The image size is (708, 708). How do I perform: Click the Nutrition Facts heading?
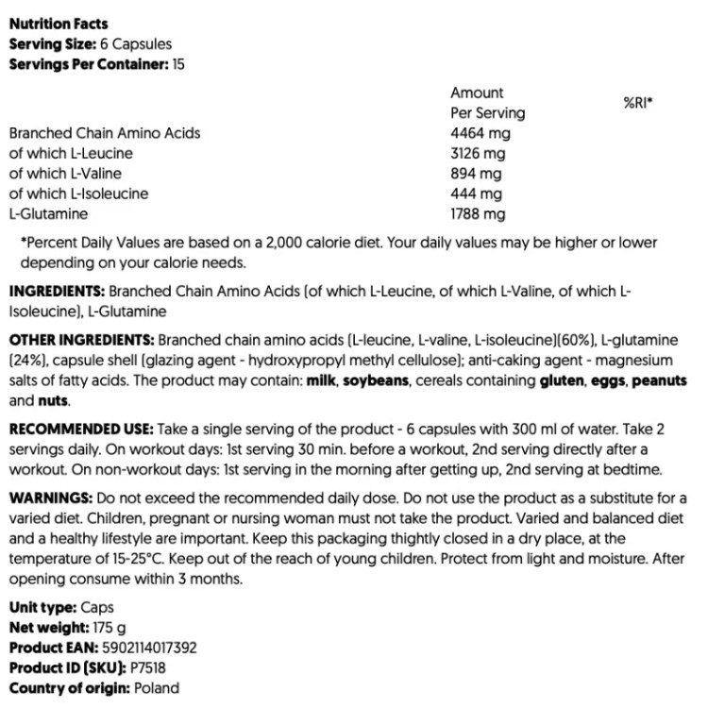58,25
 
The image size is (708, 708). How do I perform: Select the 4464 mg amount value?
480,133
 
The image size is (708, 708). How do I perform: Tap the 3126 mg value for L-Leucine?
480,154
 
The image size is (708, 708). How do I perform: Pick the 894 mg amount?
476,174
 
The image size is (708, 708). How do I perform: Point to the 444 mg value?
476,194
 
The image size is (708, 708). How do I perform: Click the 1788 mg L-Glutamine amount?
479,214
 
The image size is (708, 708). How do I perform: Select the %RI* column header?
639,102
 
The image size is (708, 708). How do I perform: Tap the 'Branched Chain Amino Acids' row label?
104,133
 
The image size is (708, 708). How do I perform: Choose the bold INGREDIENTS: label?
57,292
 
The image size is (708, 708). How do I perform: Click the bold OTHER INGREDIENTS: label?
82,339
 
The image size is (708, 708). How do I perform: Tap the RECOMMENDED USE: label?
77,427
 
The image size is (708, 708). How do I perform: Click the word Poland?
156,688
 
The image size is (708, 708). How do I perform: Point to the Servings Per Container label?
88,64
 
